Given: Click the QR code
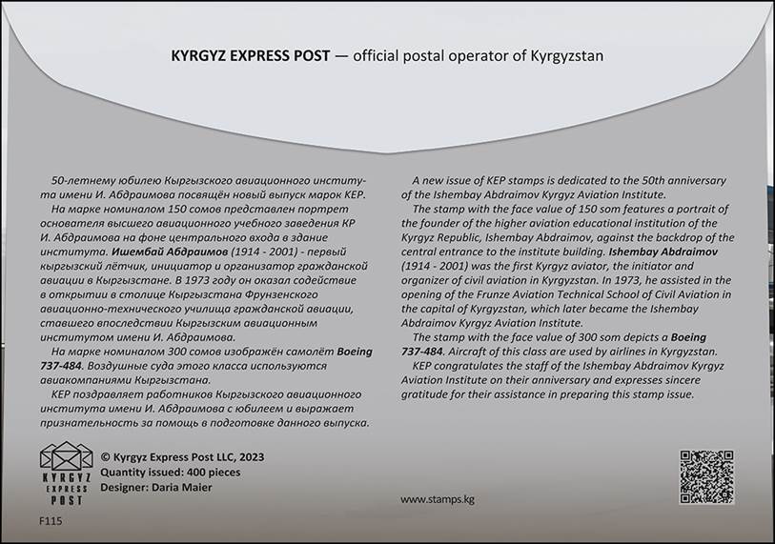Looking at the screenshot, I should (x=706, y=476).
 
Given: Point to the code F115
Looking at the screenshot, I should (x=50, y=521).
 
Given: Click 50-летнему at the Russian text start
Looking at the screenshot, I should (x=85, y=180).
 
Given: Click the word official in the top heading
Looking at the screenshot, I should (x=382, y=56).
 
